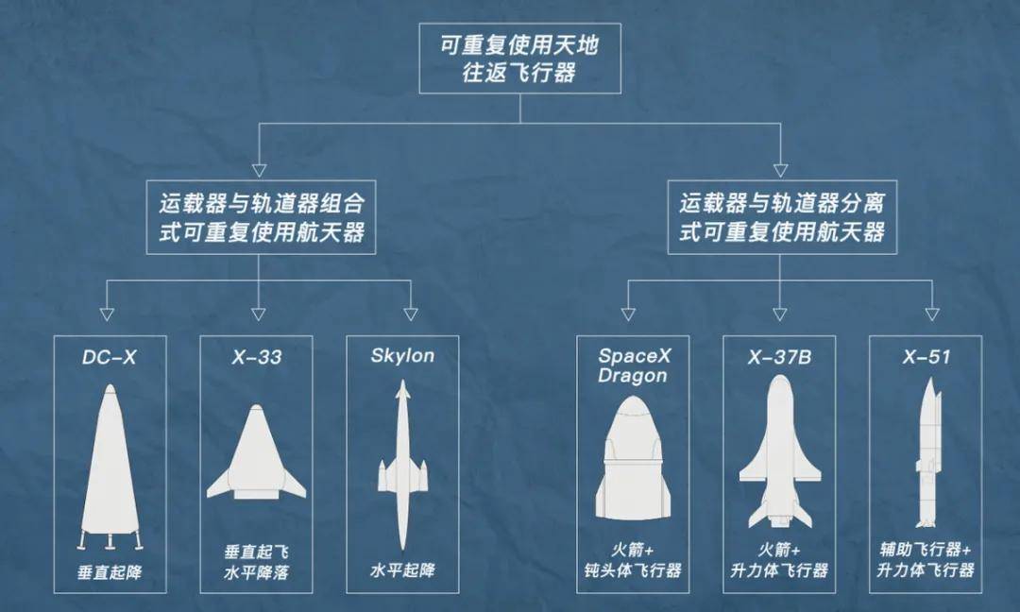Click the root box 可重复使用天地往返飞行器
(x=519, y=59)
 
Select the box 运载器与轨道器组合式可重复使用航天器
(x=261, y=217)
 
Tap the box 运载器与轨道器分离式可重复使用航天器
(x=782, y=217)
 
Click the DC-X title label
(x=110, y=357)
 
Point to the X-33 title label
(x=256, y=357)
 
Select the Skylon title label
(x=402, y=356)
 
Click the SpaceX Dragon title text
(x=634, y=365)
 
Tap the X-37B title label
(x=779, y=357)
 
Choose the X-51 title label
(x=926, y=357)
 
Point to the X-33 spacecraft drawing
(x=256, y=452)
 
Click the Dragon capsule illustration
(x=633, y=458)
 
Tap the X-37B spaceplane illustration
(x=779, y=452)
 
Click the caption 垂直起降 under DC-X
(x=110, y=573)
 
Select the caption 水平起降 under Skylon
(x=402, y=571)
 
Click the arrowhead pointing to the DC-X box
(x=108, y=314)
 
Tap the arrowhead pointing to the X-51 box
(x=932, y=314)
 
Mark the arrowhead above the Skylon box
(x=411, y=314)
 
